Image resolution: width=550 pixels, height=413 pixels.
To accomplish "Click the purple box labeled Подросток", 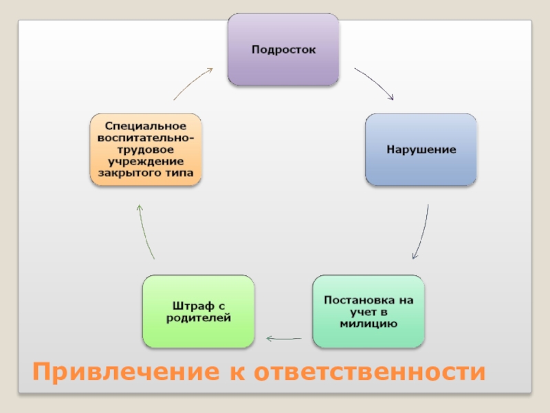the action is [x=283, y=50].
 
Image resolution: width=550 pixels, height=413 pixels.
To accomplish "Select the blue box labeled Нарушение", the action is [x=421, y=149].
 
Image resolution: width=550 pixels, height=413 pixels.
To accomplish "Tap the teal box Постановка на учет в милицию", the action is [x=368, y=311].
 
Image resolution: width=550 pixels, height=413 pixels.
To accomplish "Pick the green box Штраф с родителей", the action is [x=198, y=311].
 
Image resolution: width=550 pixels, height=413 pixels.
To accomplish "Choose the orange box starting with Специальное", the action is [x=146, y=149].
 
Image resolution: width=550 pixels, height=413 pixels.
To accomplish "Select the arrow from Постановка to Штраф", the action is [x=283, y=338].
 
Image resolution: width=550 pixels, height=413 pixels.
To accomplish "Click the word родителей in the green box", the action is [x=198, y=317].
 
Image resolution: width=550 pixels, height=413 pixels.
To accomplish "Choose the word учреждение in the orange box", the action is [x=146, y=161].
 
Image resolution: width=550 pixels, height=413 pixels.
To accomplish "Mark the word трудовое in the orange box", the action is [x=146, y=149].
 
